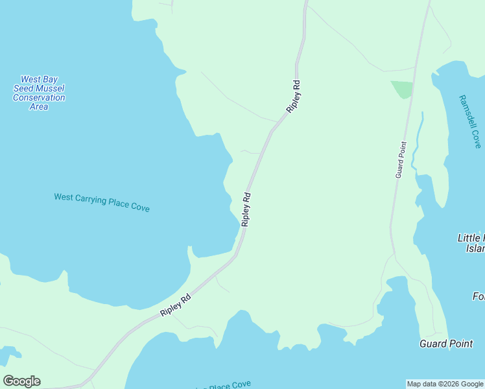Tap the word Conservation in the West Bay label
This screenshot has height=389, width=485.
click(x=39, y=97)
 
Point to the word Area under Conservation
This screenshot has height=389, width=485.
click(x=39, y=106)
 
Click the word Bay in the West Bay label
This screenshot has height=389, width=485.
click(x=50, y=79)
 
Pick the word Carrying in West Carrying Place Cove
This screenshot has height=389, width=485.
click(x=90, y=200)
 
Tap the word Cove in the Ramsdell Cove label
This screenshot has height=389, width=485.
click(x=476, y=139)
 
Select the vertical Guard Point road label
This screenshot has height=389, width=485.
click(x=401, y=159)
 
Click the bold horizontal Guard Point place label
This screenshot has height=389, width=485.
click(x=445, y=344)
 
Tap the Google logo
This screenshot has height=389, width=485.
click(x=21, y=381)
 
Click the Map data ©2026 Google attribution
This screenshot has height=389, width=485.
click(x=445, y=384)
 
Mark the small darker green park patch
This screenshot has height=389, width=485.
click(x=402, y=89)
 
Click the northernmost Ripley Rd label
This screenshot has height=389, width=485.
click(x=293, y=97)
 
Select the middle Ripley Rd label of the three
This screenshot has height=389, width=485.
click(x=246, y=209)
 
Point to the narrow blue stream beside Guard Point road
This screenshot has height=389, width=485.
click(x=418, y=140)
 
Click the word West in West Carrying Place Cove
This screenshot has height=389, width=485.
click(x=64, y=197)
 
